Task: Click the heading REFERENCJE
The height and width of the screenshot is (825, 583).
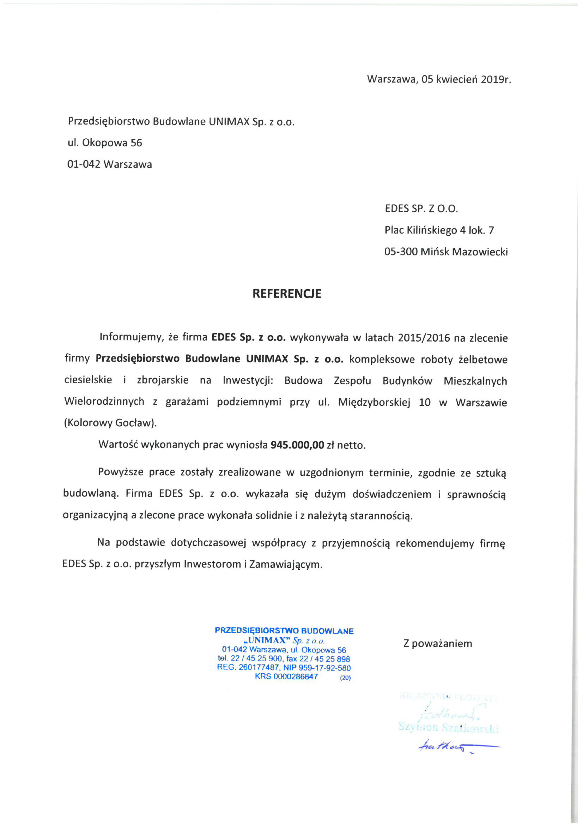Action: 287,294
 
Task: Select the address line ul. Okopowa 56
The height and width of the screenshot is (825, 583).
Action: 105,143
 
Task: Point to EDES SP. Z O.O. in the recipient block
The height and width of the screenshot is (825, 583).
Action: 421,209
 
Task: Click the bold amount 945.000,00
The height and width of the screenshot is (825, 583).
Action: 297,445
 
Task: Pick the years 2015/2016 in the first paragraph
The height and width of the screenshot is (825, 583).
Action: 424,338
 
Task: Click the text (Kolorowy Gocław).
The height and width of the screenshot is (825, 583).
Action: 111,423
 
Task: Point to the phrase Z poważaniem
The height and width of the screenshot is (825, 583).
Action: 438,643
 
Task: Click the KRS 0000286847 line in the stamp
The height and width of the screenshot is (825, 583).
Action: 286,677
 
